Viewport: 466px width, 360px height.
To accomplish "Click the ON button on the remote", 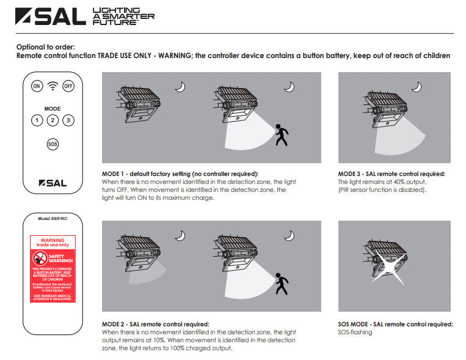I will [37, 86].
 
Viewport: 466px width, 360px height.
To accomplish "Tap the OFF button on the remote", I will [68, 86].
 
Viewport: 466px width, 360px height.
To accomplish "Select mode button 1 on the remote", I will [37, 120].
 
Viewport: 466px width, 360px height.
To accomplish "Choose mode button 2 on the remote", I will [53, 120].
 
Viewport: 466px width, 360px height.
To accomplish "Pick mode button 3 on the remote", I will [68, 120].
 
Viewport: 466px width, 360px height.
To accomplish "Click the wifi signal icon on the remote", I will [53, 86].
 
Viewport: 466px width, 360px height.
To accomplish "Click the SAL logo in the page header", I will [51, 17].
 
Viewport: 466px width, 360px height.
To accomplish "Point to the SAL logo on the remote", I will [53, 182].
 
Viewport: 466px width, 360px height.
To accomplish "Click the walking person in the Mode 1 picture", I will [281, 134].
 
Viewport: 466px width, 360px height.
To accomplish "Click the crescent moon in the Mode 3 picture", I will [416, 87].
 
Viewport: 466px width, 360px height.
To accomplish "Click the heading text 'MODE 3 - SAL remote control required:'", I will [391, 174].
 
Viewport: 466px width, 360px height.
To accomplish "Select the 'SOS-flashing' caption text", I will [355, 332].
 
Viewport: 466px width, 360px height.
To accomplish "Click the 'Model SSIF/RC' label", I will [53, 218].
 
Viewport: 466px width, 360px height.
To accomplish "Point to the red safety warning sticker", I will [53, 269].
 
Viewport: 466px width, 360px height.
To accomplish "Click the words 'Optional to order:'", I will [46, 47].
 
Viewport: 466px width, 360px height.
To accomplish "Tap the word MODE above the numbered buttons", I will [53, 108].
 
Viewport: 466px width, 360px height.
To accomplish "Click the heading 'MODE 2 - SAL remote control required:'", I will [155, 324].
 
